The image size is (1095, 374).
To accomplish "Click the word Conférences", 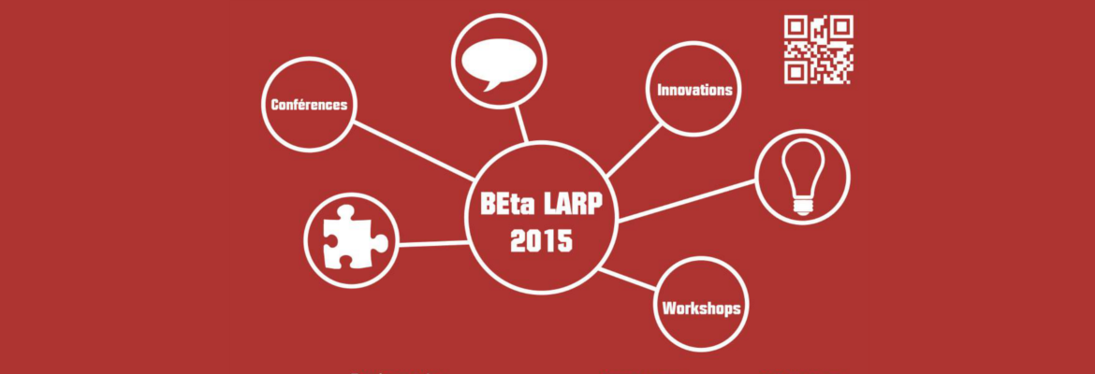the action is [x=309, y=106].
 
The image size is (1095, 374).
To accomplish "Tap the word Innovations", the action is [x=694, y=90].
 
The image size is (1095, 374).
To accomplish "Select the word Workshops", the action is [x=701, y=308].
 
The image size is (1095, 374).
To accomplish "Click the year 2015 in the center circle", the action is [x=541, y=241].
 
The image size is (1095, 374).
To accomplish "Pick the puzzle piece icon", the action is [x=353, y=237].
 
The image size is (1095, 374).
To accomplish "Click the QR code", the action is [x=819, y=49].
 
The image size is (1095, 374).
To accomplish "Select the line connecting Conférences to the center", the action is [x=413, y=151].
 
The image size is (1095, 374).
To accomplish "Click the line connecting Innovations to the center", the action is [x=634, y=150].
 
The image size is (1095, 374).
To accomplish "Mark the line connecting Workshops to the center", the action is [x=627, y=279].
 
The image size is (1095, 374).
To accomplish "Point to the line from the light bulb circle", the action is [x=687, y=201].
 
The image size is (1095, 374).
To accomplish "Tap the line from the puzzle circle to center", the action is [x=432, y=244].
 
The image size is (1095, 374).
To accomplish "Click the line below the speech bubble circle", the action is [x=521, y=124].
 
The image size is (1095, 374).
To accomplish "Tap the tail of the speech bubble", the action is [x=491, y=85].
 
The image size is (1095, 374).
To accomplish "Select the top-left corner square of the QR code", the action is [x=796, y=26].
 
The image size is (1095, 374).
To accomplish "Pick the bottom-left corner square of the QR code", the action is [x=796, y=72].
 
